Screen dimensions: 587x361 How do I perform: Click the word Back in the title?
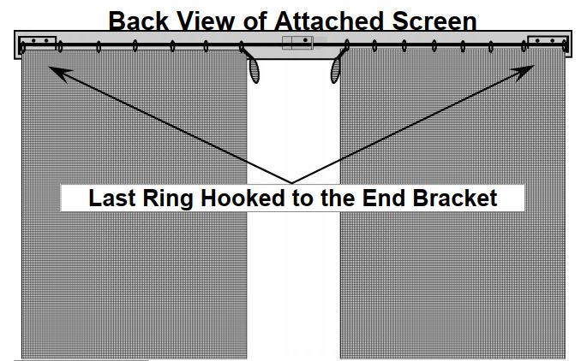point(139,21)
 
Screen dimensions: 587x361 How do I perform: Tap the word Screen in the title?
point(434,21)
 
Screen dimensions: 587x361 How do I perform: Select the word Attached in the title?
point(329,21)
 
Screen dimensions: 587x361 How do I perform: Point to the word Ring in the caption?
point(167,198)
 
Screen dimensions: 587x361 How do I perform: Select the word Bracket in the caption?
point(454,198)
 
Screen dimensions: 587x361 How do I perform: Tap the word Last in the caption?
point(111,198)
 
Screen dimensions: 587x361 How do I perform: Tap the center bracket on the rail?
point(297,43)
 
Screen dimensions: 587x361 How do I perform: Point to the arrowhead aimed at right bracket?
point(524,73)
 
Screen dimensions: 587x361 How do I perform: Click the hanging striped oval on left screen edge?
point(255,71)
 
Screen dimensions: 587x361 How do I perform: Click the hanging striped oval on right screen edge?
point(335,71)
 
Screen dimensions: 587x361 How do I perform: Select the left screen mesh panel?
point(134,204)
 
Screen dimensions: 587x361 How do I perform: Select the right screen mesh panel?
point(452,204)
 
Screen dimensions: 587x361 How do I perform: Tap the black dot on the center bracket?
point(305,40)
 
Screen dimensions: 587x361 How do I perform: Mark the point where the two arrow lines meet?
point(291,183)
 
